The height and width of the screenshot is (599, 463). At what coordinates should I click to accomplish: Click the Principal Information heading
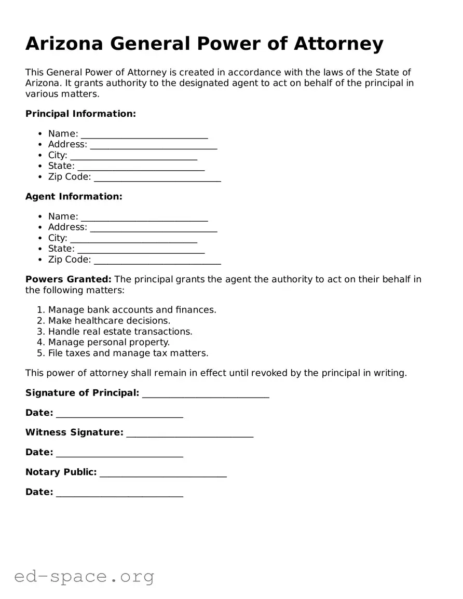point(80,114)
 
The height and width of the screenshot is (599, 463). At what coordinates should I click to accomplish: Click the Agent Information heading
point(74,196)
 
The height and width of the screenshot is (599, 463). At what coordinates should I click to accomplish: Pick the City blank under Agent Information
point(133,239)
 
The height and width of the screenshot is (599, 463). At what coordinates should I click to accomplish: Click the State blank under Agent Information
point(141,250)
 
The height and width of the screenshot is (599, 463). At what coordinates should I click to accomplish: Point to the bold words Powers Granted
point(68,279)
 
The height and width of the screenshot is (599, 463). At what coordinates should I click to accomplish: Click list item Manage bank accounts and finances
point(132,310)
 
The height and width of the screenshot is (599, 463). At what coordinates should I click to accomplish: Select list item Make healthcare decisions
point(109,321)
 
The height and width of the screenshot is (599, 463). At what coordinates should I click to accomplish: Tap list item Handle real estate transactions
point(120,332)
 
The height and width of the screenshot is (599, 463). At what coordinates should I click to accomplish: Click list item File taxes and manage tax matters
point(128,353)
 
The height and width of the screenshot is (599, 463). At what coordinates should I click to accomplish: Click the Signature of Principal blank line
point(206,394)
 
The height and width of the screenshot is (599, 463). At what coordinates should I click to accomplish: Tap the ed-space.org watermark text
point(84,576)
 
